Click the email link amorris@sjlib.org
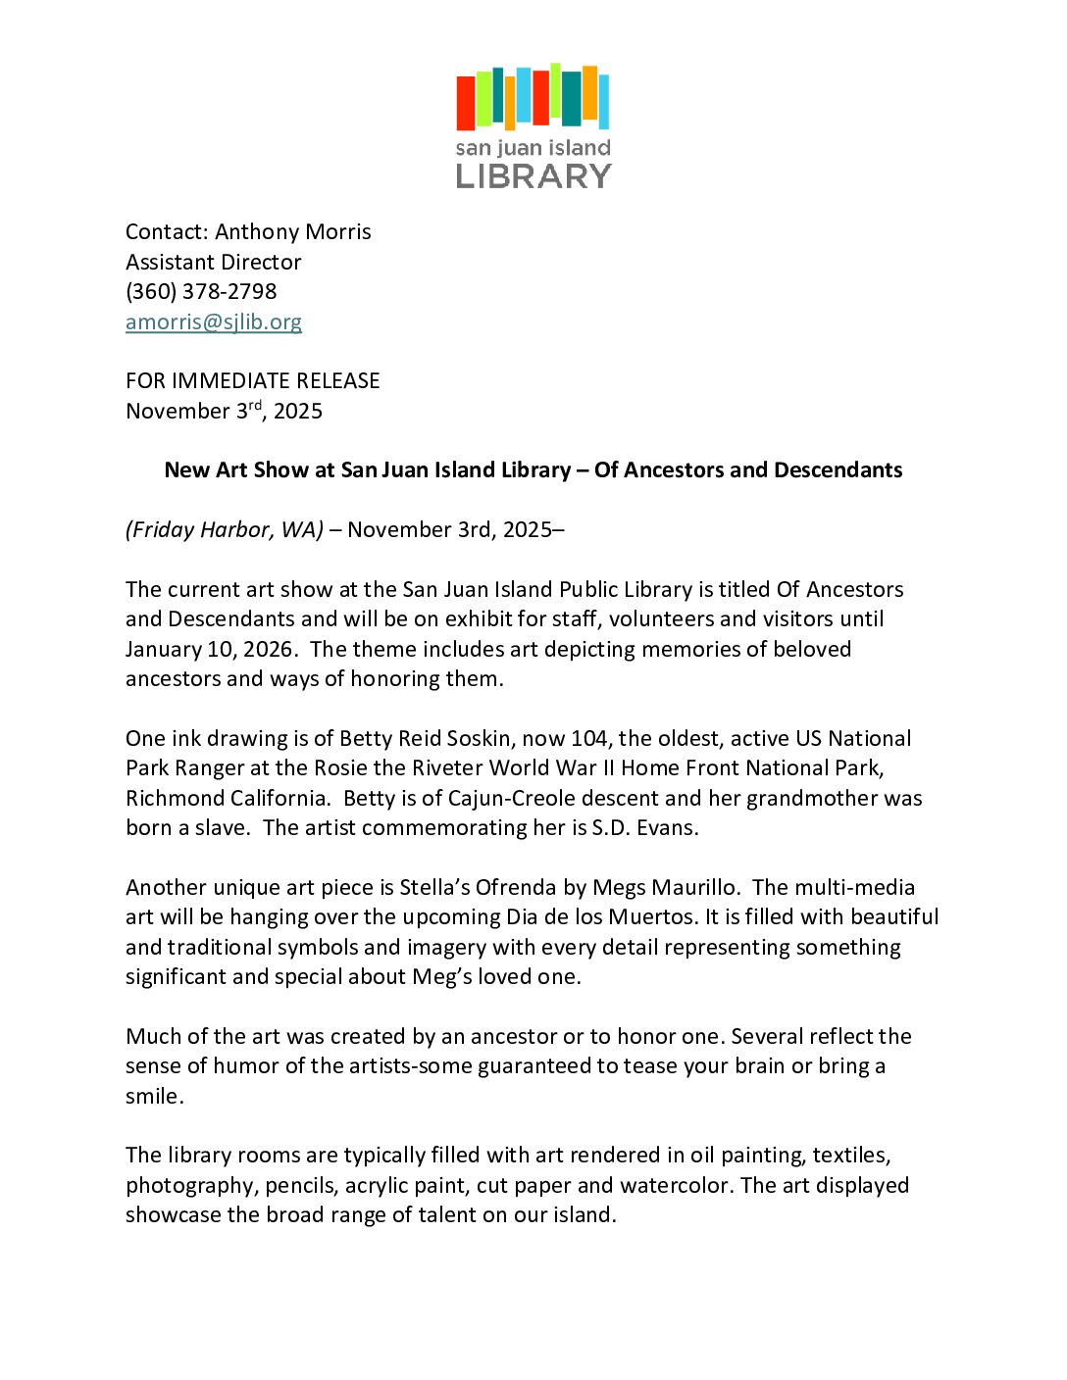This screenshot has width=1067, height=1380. [x=214, y=321]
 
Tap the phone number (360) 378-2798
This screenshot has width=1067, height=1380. [x=201, y=291]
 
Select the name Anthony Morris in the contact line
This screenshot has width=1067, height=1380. [x=293, y=231]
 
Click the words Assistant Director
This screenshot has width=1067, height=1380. [x=214, y=262]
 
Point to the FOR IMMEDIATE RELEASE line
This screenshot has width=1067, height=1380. [x=253, y=380]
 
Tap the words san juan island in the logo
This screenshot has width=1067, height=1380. [x=533, y=148]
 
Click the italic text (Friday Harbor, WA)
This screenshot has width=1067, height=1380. [x=225, y=529]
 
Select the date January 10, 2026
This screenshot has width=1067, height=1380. [x=209, y=649]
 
